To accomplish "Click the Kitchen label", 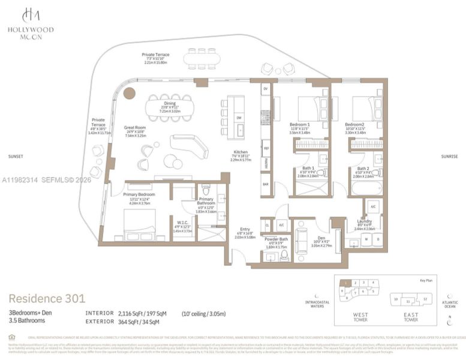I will pyautogui.click(x=240, y=152).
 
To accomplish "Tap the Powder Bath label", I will pyautogui.click(x=276, y=239).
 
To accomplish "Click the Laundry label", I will pyautogui.click(x=364, y=221).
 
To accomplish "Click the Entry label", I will pyautogui.click(x=245, y=229).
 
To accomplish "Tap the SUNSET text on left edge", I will pyautogui.click(x=16, y=157).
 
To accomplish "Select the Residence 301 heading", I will pyautogui.click(x=47, y=298).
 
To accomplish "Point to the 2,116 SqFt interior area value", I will pyautogui.click(x=130, y=313).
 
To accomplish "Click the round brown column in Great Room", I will pyautogui.click(x=129, y=92).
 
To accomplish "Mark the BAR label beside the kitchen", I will pyautogui.click(x=265, y=184).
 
